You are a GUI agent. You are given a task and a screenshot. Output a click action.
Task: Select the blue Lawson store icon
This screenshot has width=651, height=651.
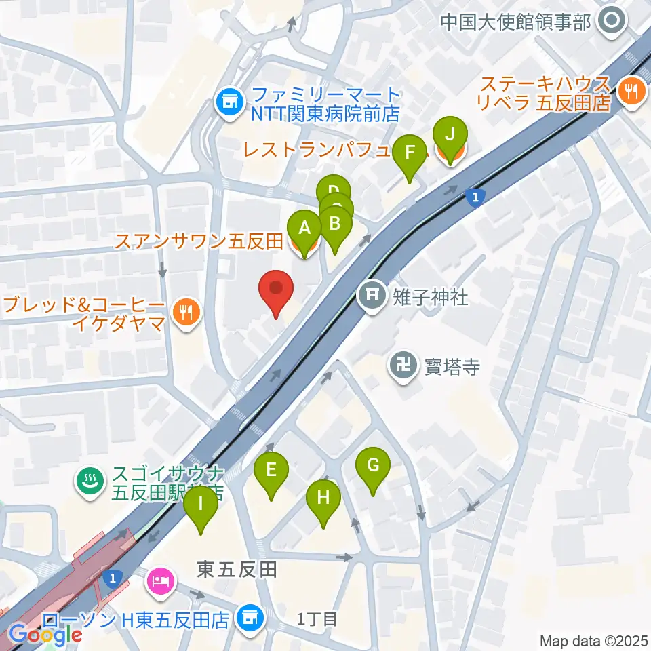coord(249,618)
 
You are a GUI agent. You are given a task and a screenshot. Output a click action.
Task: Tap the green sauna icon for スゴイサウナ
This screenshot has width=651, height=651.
coord(89,481)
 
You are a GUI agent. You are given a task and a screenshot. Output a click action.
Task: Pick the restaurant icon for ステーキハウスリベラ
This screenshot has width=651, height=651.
coord(631,95)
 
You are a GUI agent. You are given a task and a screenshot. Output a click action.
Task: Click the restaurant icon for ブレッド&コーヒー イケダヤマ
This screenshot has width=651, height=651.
coord(184,312)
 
